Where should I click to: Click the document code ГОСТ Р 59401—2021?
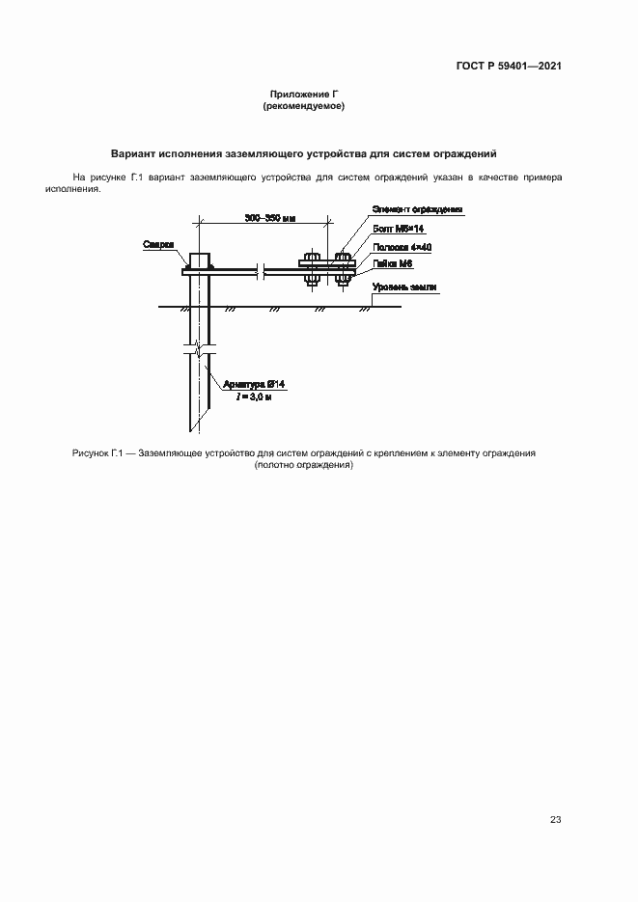509,67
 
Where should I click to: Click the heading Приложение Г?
304,95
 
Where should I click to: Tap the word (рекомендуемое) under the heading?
304,106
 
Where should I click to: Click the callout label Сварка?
157,245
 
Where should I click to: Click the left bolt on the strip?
312,269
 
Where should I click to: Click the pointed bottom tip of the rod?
193,428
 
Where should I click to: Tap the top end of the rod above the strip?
199,258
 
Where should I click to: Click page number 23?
555,820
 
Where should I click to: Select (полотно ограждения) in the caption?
304,464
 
